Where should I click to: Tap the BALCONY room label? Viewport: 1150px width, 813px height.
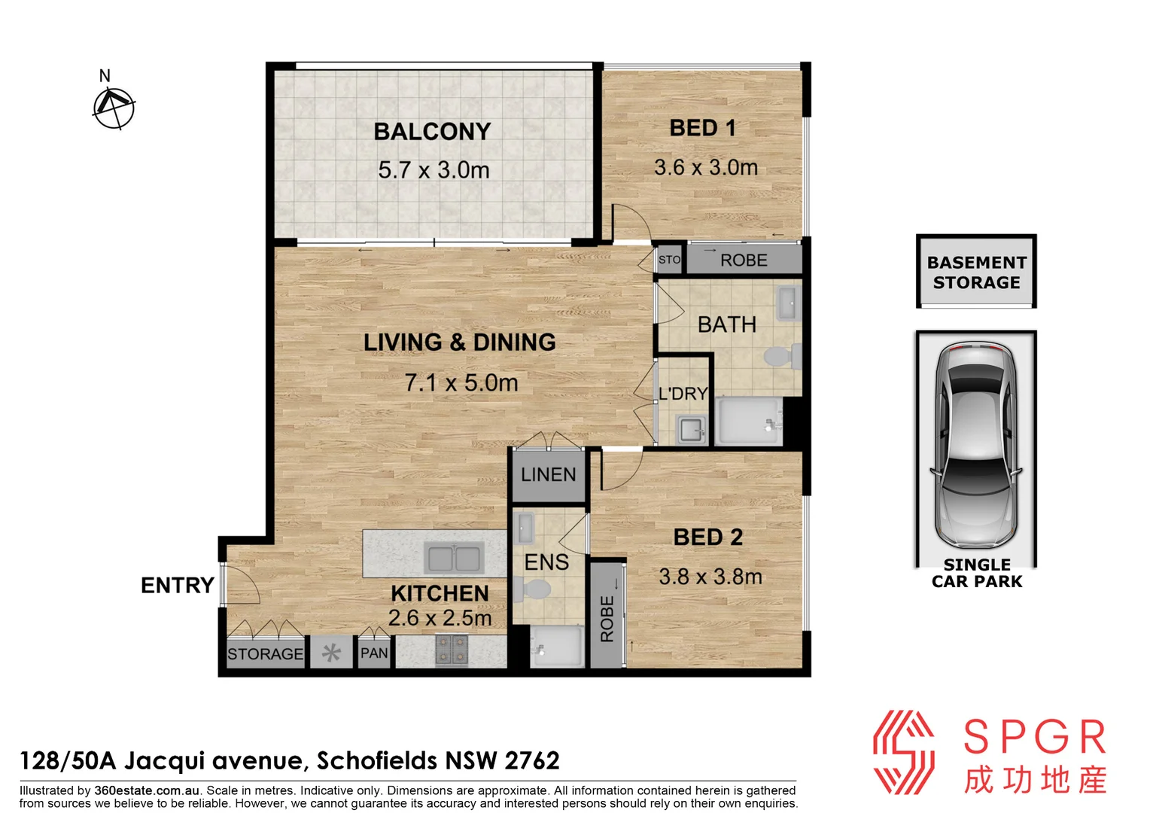pos(432,132)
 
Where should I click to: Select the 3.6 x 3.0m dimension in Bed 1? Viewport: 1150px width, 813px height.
pos(705,167)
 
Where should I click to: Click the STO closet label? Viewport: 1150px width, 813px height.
pos(669,260)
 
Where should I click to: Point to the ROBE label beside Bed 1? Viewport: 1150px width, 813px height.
pos(744,260)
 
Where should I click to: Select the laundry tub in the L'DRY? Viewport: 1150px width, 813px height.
pos(691,430)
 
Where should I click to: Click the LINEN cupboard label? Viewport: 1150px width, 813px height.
pos(548,475)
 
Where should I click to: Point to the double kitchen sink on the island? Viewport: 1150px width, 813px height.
pos(454,559)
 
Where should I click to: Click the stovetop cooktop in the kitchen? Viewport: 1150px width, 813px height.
pos(452,650)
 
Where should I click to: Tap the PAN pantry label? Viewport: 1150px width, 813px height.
pos(374,653)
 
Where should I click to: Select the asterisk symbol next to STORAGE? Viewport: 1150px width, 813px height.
pos(331,653)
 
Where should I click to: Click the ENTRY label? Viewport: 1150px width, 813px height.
pos(178,585)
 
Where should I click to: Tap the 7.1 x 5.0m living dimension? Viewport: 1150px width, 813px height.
pos(461,383)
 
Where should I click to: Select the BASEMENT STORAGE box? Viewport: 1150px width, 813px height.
pos(976,273)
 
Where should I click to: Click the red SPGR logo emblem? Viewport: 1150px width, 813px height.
pos(904,752)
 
